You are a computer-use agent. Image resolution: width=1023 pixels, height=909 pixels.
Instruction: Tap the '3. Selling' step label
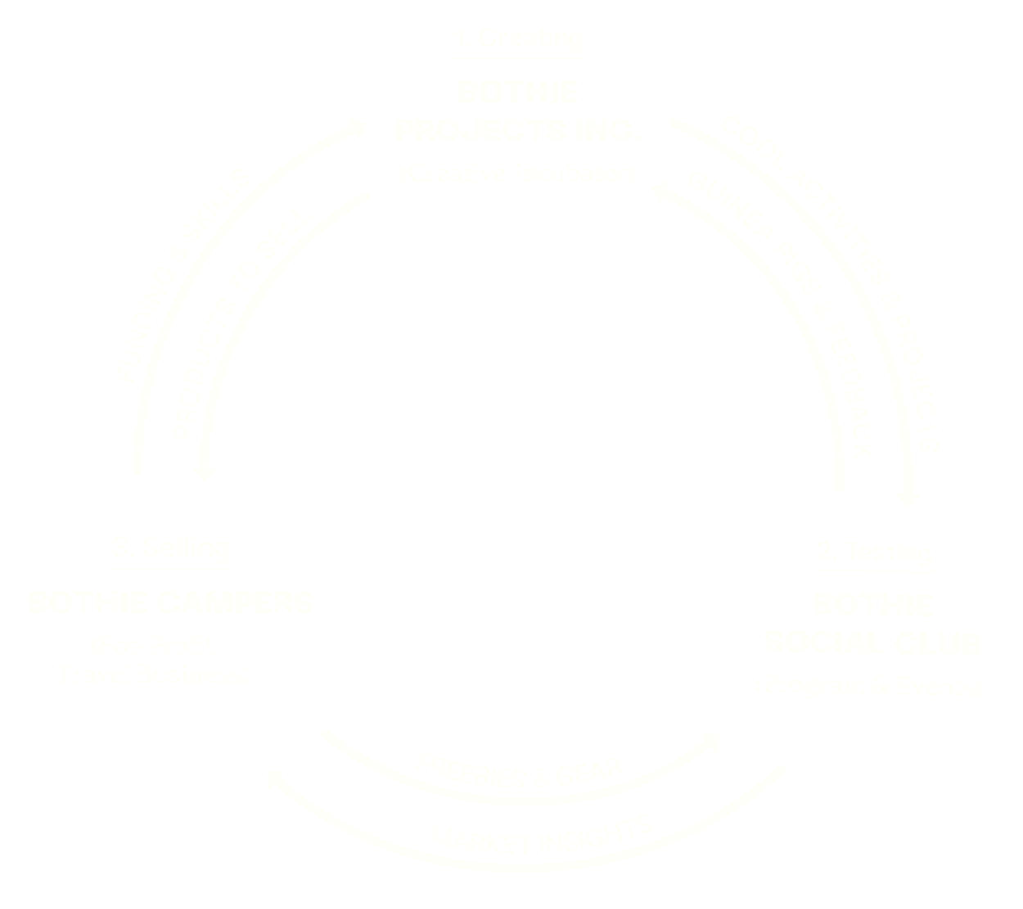172,548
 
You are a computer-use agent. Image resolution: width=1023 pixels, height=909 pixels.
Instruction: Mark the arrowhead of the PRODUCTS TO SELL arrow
204,473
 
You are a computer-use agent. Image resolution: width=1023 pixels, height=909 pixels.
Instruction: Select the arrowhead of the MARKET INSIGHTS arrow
275,778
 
